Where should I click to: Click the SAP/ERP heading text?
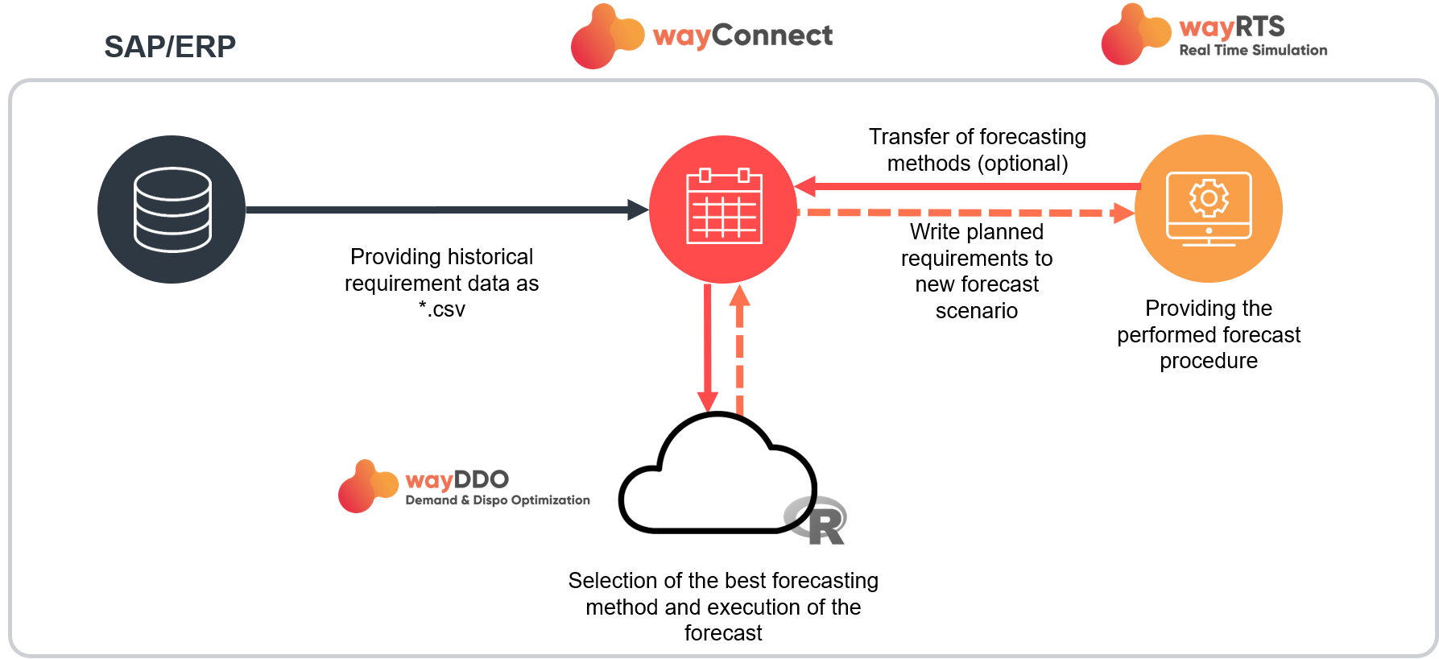[170, 47]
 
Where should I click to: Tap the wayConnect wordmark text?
[742, 36]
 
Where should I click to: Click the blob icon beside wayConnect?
[606, 37]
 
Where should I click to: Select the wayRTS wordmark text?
[1231, 27]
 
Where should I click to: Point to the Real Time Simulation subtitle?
[1253, 50]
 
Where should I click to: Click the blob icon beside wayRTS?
[1135, 35]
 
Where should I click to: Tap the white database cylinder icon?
[172, 209]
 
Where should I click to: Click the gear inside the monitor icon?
[1209, 198]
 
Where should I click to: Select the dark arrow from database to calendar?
[443, 210]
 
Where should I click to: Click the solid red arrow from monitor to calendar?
[966, 187]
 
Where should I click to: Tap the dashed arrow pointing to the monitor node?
[966, 213]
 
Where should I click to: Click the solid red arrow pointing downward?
[707, 346]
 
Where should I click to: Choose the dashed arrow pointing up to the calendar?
[739, 354]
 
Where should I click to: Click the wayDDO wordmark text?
[457, 480]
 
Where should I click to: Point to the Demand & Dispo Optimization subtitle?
[497, 500]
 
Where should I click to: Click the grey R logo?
[816, 520]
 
